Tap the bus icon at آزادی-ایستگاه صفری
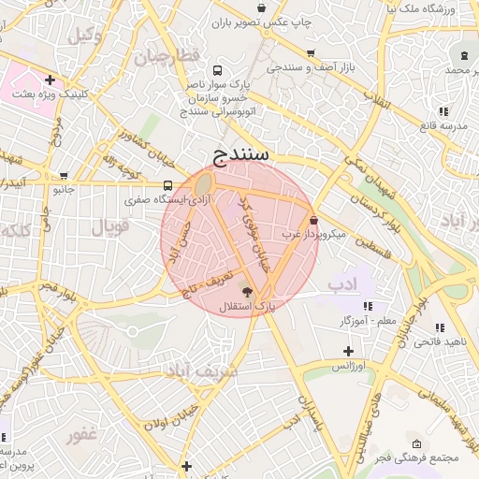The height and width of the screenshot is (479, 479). pos(167,185)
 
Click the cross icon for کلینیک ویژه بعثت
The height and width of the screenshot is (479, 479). pos(49,80)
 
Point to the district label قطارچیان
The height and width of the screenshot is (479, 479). pos(167,56)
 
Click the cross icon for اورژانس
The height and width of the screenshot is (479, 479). pos(348,350)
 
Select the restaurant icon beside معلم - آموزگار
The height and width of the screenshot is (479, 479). pos(368,306)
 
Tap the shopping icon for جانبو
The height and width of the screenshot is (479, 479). pos(63,175)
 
